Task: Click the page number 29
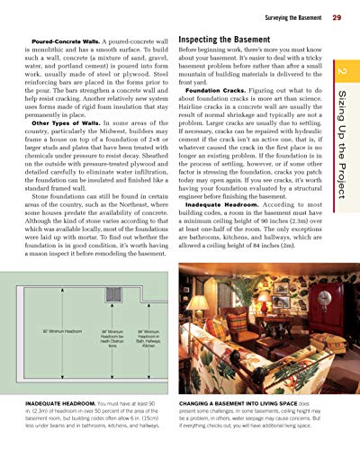(x=335, y=17)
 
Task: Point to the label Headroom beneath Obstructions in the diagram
(x=106, y=338)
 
